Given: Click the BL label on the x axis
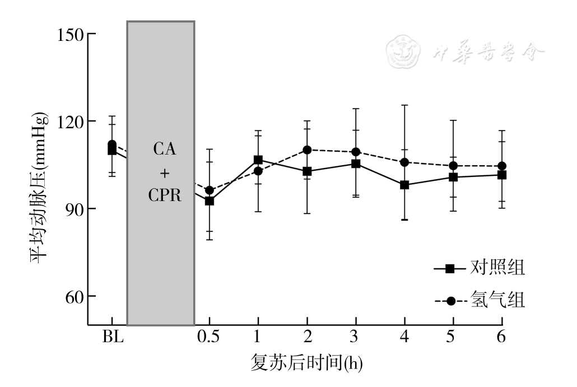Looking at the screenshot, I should pyautogui.click(x=112, y=337).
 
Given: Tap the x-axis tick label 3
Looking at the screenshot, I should pyautogui.click(x=356, y=337).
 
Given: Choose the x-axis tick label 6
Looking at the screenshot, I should pyautogui.click(x=502, y=337).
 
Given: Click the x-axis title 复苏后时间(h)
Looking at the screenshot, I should pyautogui.click(x=306, y=363).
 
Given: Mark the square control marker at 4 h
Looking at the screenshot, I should pyautogui.click(x=404, y=185).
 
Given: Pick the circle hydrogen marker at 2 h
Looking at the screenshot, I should pyautogui.click(x=307, y=150).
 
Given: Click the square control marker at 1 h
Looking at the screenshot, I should pyautogui.click(x=258, y=160).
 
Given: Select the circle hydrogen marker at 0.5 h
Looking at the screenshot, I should pyautogui.click(x=210, y=190).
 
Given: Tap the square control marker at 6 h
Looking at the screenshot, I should pyautogui.click(x=502, y=175).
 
